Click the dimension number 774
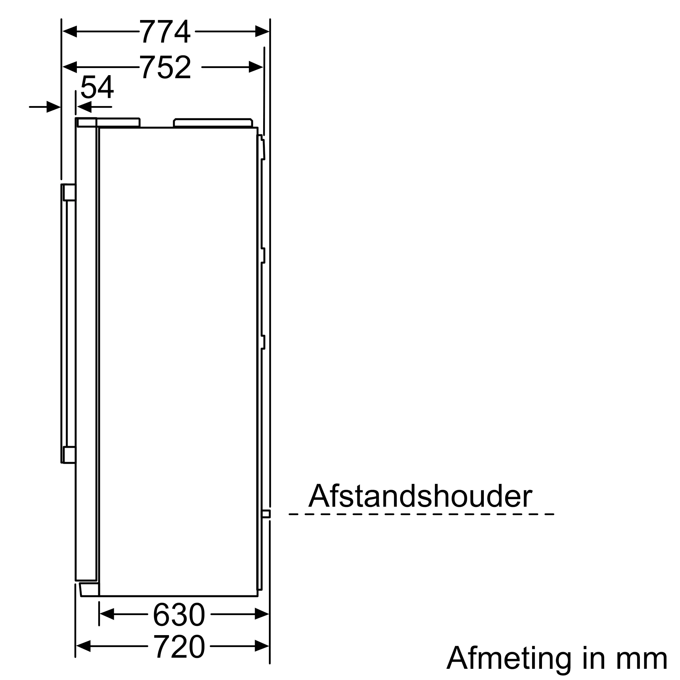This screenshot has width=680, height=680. point(165,32)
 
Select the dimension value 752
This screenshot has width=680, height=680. point(166,67)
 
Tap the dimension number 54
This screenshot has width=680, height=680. point(97,87)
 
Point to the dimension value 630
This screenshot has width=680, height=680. point(179,614)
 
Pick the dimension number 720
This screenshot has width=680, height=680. point(179,646)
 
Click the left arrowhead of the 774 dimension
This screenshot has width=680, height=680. point(70,32)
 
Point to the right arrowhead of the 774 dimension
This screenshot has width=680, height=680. point(262,32)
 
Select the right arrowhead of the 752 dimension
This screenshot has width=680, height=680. point(256,67)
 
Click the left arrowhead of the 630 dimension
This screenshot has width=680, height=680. point(107,614)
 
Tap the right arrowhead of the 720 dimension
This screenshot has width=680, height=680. point(262,646)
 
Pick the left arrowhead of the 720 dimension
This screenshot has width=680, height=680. point(83,646)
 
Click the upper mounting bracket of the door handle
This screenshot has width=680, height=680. point(69,192)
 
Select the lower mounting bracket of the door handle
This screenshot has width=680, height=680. point(69,454)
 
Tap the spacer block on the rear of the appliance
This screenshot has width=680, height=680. point(266,514)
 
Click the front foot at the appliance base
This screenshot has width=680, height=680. point(89,590)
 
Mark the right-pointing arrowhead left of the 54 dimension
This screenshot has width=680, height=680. point(53,107)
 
